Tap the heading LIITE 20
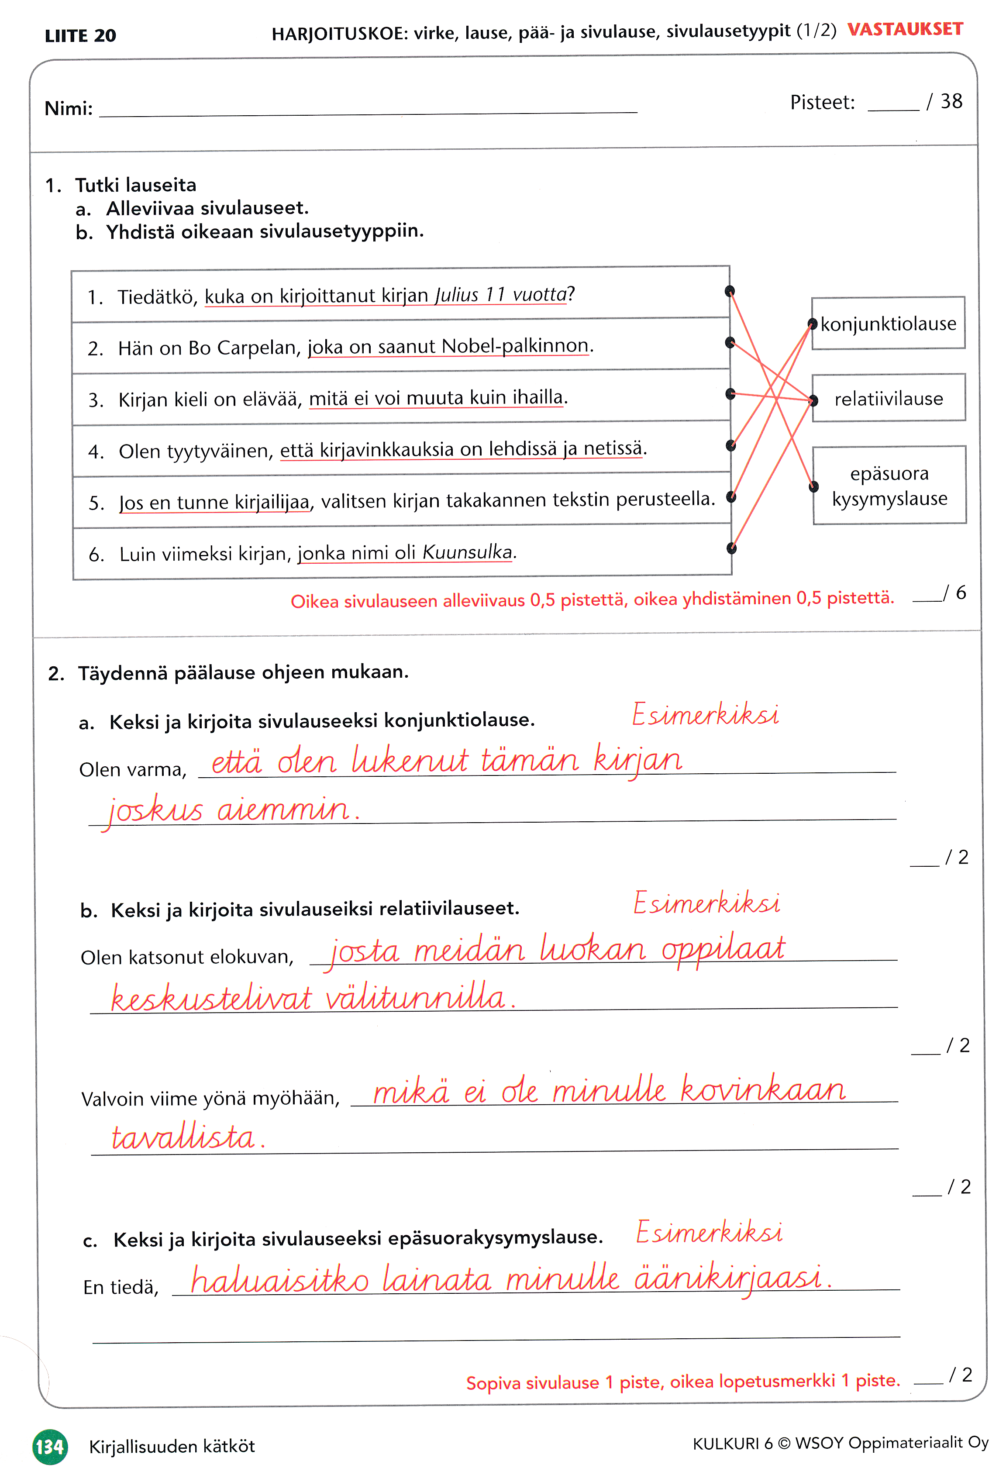(80, 36)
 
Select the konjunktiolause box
(888, 324)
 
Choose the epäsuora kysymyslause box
(889, 486)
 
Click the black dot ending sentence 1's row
(730, 291)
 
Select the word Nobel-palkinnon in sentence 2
(515, 346)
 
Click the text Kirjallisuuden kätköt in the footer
(172, 1447)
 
